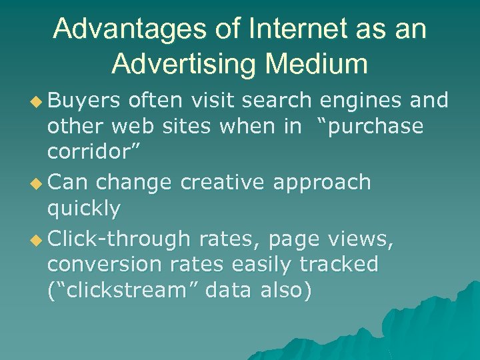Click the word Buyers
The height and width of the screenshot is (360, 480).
[84, 101]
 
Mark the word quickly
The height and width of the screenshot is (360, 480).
[84, 209]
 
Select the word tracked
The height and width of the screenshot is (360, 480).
[339, 265]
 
